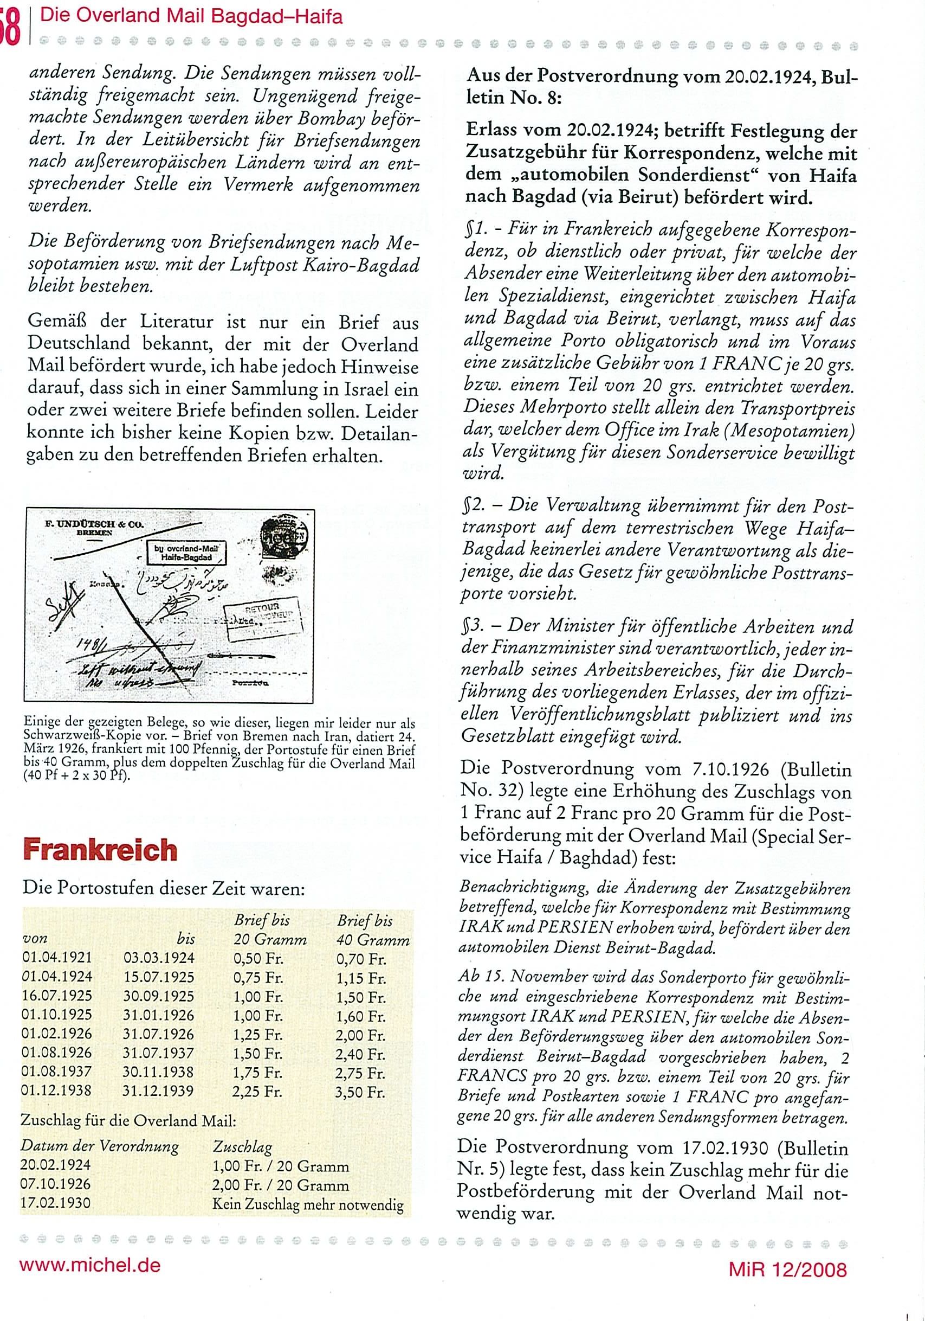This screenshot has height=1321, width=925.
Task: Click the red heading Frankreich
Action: pos(100,850)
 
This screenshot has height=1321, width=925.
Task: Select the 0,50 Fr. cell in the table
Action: pos(258,959)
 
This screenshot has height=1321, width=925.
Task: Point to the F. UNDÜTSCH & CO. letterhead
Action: pos(95,525)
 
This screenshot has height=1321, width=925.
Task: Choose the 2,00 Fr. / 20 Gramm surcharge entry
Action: pos(281,1185)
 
